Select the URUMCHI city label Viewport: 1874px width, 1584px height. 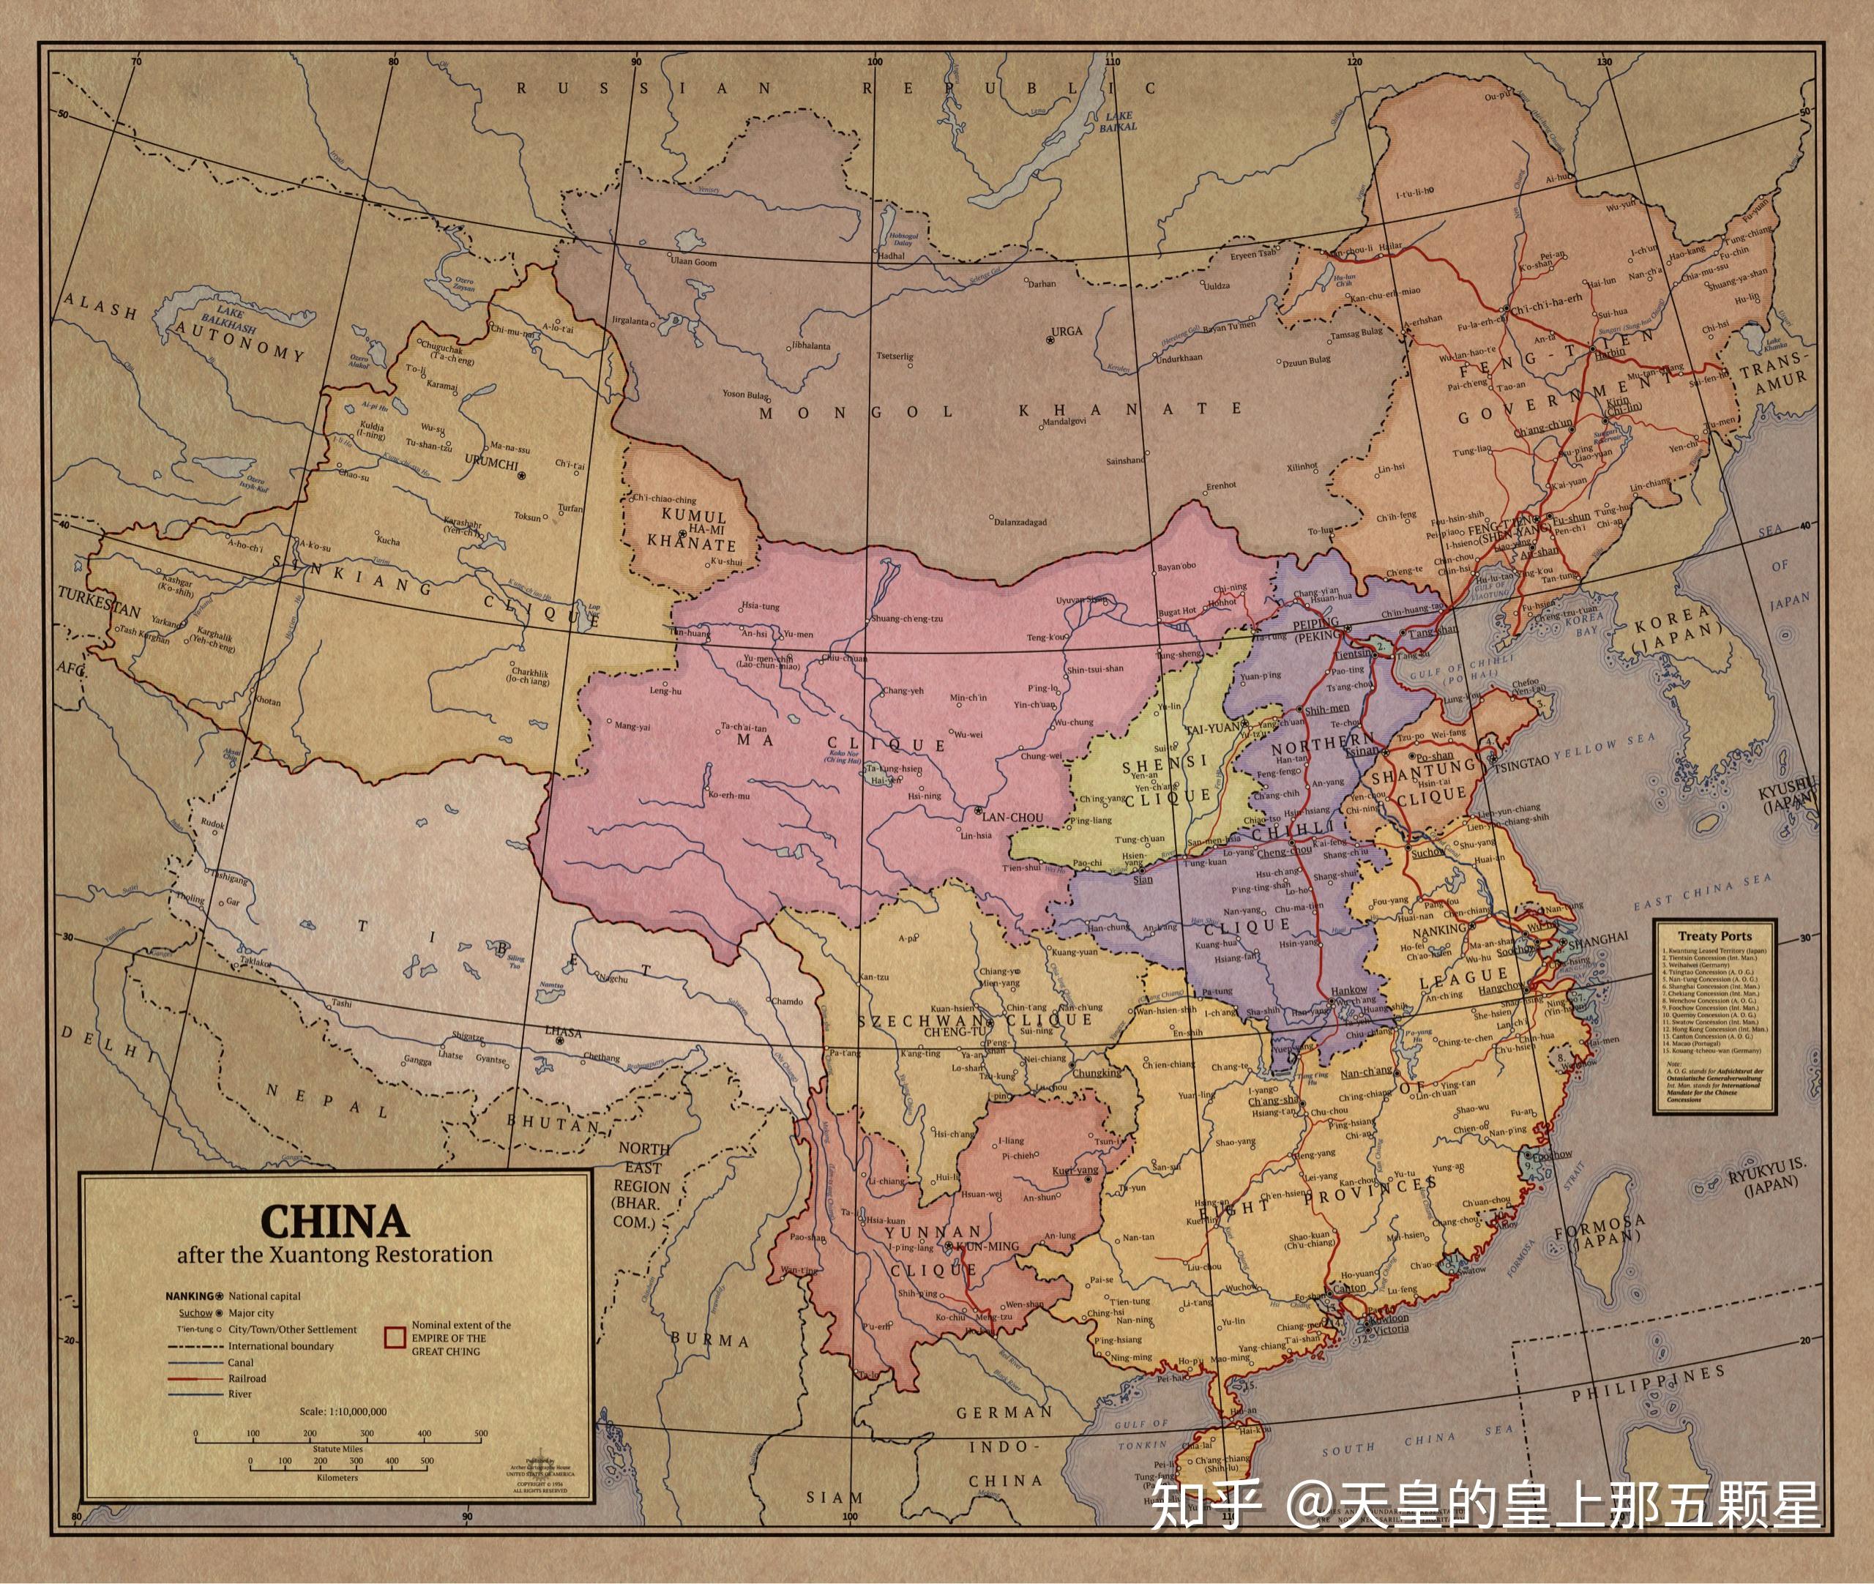[x=491, y=464]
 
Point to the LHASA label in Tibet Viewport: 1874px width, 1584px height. [x=563, y=1033]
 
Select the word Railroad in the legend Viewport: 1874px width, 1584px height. [x=247, y=1378]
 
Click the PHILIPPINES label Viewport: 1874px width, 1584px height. [x=1647, y=1383]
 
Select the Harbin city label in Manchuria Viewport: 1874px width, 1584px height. [x=1609, y=353]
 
